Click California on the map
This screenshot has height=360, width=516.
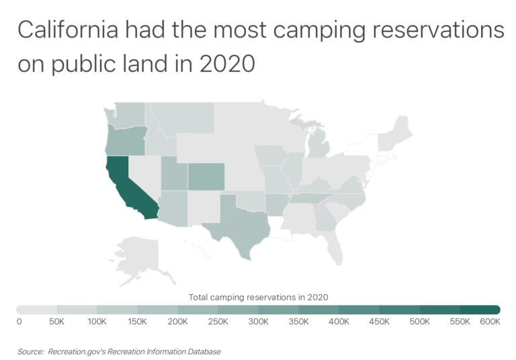(x=124, y=181)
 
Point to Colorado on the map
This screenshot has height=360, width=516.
(x=206, y=176)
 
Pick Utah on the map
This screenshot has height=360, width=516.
(x=173, y=176)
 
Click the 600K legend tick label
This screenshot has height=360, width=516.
(x=490, y=322)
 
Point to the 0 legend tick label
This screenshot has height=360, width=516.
(x=19, y=322)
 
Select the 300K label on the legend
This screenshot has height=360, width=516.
(x=258, y=322)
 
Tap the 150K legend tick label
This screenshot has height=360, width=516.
(x=137, y=322)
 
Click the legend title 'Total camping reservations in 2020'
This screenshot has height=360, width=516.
(x=258, y=296)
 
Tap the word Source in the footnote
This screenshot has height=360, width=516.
(x=30, y=351)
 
